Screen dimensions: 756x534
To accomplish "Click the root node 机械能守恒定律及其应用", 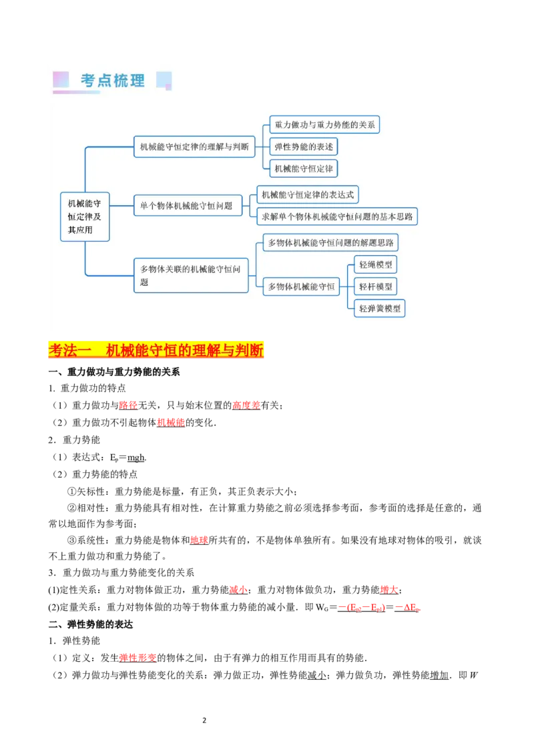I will pyautogui.click(x=85, y=217).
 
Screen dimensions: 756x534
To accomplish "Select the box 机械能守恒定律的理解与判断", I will pyautogui.click(x=195, y=146).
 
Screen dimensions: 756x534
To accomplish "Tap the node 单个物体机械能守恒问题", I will pyautogui.click(x=188, y=206).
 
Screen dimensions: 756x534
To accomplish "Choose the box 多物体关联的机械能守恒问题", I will pyautogui.click(x=191, y=275).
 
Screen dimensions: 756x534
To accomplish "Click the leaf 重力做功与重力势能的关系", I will pyautogui.click(x=325, y=125).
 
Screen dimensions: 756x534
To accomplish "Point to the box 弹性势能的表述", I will pyautogui.click(x=304, y=146).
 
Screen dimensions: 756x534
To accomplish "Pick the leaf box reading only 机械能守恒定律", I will pyautogui.click(x=304, y=168).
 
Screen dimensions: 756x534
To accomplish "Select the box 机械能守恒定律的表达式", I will pyautogui.click(x=308, y=195).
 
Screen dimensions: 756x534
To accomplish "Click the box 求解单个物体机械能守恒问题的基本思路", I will pyautogui.click(x=337, y=216).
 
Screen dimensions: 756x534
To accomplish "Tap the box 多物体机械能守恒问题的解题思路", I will pyautogui.click(x=330, y=242).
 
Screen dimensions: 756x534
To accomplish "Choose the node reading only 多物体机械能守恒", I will pyautogui.click(x=301, y=287).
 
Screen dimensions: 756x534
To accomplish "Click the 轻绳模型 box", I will pyautogui.click(x=375, y=264).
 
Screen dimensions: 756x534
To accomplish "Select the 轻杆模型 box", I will pyautogui.click(x=375, y=287).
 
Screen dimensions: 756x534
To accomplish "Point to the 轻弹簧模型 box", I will pyautogui.click(x=380, y=308).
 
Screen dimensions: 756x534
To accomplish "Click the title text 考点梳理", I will pyautogui.click(x=113, y=81).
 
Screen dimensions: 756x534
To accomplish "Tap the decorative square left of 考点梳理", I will pyautogui.click(x=61, y=80).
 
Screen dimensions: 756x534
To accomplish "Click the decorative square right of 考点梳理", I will pyautogui.click(x=164, y=81).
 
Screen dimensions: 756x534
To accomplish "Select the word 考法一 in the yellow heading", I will pyautogui.click(x=70, y=350).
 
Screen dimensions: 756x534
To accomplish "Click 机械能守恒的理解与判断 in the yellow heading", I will pyautogui.click(x=185, y=350).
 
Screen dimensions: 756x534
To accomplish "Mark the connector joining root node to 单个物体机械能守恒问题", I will pyautogui.click(x=121, y=206).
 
